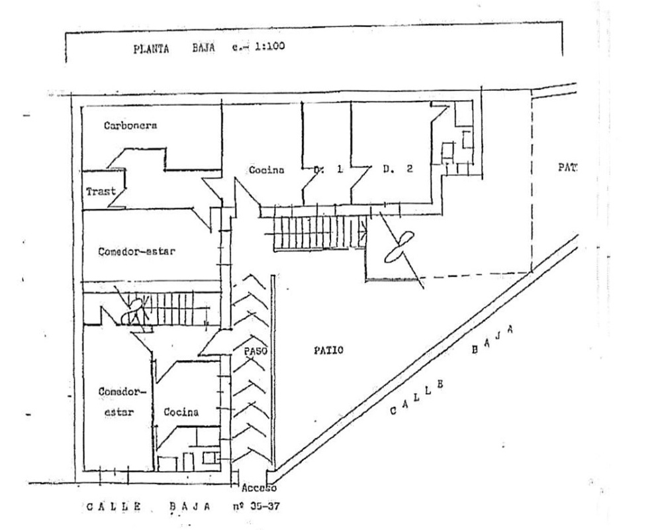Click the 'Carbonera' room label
pos(130,126)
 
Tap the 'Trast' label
pos(101,191)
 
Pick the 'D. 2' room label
pos(397,170)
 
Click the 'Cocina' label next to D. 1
pos(266,170)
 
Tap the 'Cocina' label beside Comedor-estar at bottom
pos(181,412)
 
